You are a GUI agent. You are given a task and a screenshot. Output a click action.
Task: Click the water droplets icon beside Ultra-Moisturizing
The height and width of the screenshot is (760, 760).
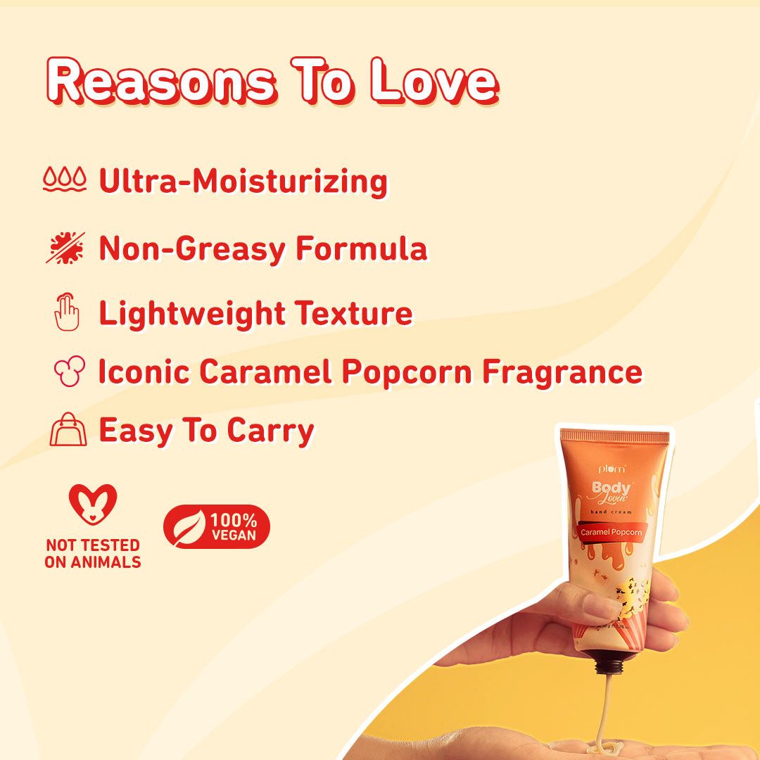coord(64,180)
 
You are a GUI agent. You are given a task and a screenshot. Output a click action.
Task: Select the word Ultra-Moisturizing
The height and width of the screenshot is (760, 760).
coord(243,182)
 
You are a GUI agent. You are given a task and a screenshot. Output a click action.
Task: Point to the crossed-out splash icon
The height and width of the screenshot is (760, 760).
coord(65,248)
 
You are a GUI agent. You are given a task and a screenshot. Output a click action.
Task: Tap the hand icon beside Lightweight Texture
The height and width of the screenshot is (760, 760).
coord(67,314)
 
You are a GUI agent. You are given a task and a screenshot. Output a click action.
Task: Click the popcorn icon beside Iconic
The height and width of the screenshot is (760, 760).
coord(69,371)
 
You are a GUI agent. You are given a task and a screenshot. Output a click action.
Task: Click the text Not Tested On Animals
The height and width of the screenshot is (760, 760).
coord(92,553)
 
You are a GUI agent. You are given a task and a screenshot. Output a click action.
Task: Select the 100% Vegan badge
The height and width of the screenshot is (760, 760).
coord(217,526)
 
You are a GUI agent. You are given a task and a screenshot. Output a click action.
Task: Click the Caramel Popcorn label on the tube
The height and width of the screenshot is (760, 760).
coord(611,533)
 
